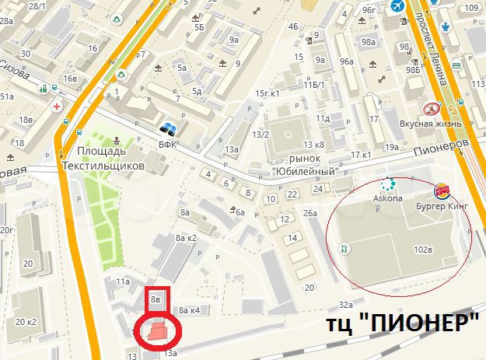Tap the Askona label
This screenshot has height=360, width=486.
390,198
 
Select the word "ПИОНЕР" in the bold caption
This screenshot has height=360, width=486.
424,323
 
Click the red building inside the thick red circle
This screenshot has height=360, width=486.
159,330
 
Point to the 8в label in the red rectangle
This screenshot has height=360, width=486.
156,296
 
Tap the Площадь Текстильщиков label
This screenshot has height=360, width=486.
110,159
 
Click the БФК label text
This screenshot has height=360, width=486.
168,144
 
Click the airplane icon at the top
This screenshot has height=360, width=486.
399,6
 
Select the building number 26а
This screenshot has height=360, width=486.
310,212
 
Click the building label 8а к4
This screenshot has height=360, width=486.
190,310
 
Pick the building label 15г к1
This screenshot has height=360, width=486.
267,93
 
